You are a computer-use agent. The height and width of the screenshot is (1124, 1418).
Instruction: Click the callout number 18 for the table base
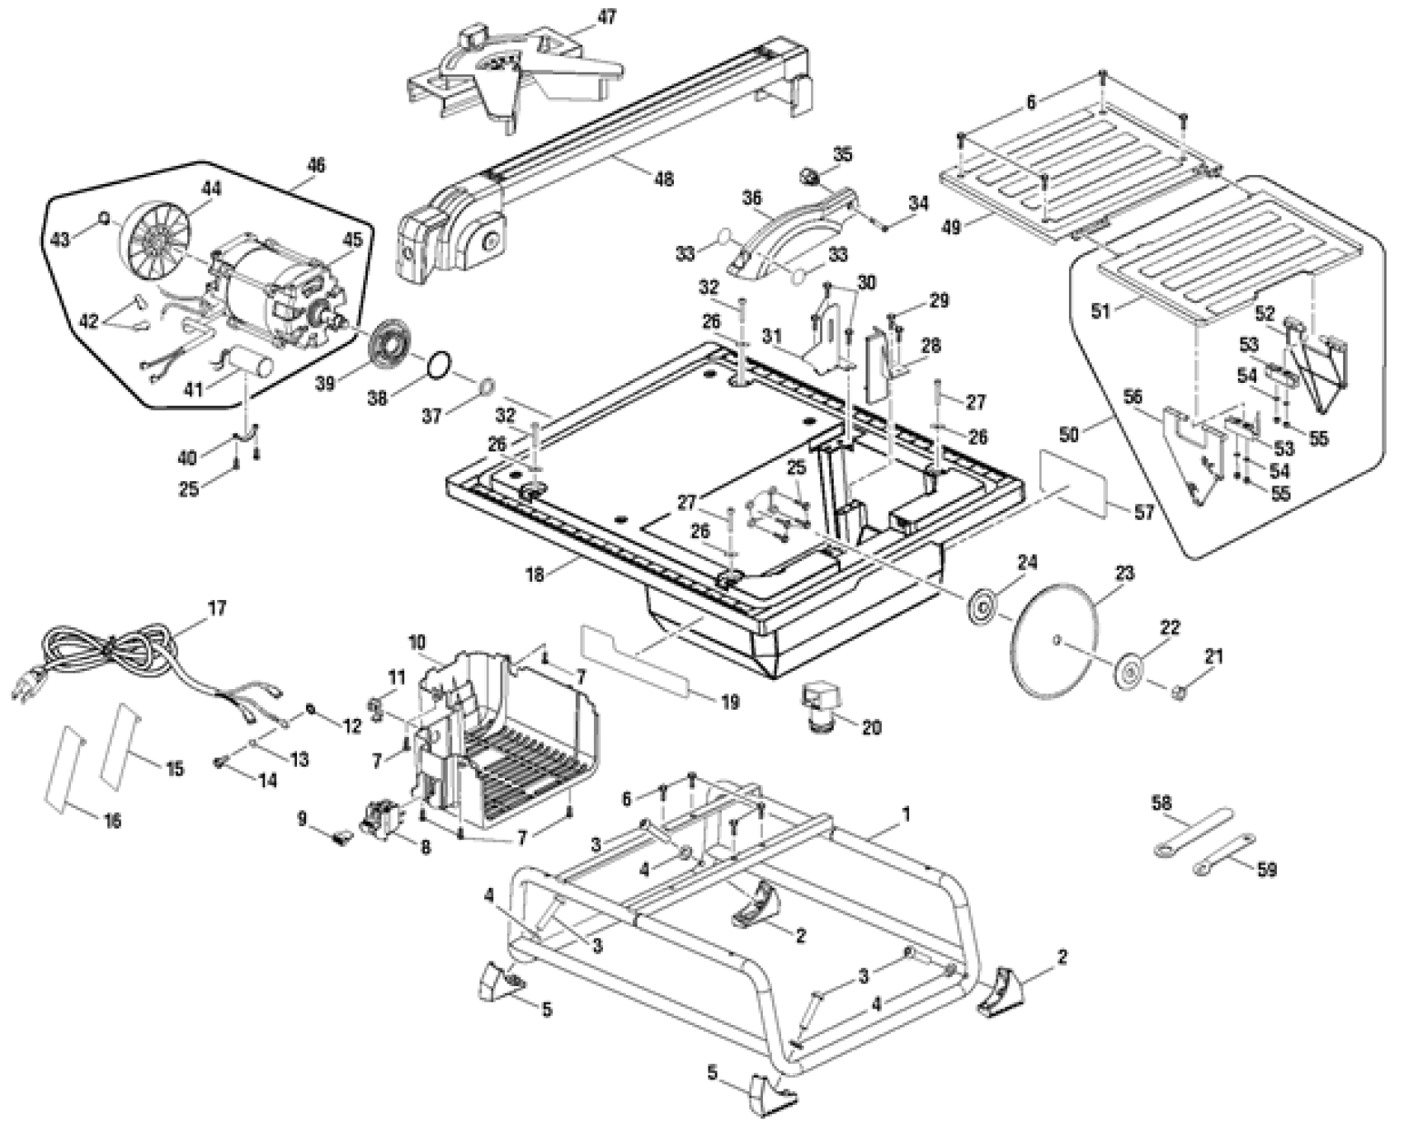pyautogui.click(x=535, y=574)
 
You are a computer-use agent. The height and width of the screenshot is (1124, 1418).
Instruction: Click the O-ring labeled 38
pyautogui.click(x=440, y=364)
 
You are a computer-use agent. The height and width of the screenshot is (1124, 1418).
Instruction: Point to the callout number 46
pyautogui.click(x=316, y=165)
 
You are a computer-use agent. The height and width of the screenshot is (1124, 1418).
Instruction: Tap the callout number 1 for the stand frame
pyautogui.click(x=906, y=814)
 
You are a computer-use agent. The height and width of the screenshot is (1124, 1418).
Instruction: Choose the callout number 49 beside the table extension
pyautogui.click(x=951, y=225)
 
